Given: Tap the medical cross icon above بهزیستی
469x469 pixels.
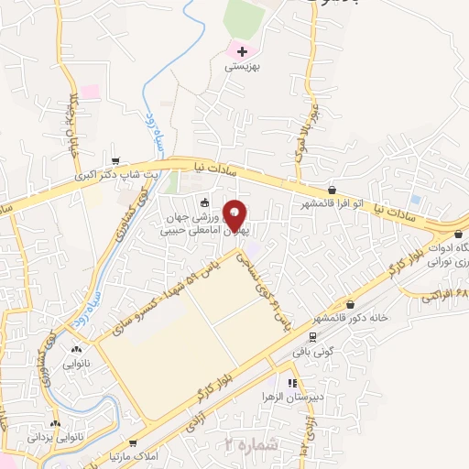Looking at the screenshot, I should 241,52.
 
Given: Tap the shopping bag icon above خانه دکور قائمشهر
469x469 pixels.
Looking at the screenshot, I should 351,305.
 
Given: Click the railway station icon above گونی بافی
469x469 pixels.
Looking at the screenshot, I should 315,335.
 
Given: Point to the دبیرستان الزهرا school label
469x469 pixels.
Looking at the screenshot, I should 296,398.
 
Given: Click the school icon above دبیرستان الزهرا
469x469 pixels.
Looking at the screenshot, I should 291,384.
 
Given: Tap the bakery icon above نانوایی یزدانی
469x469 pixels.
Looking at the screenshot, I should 56,424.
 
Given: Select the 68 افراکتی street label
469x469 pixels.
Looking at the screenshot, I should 446,292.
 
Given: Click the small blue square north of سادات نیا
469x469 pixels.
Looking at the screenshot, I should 415,199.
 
